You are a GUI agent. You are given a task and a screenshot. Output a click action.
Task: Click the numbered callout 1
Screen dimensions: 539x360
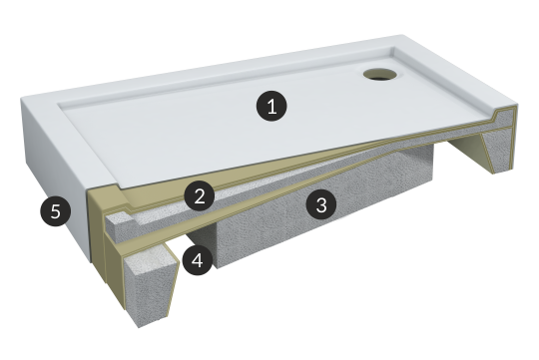[x=271, y=106]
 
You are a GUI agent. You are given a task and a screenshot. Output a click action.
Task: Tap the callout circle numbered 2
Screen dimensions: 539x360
[x=200, y=196]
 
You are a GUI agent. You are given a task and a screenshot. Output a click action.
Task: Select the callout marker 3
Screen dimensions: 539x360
[x=321, y=204]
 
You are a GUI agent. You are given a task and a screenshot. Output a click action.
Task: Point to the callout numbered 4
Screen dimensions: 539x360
[x=198, y=260]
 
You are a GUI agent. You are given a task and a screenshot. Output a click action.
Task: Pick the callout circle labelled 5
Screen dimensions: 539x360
[x=55, y=210]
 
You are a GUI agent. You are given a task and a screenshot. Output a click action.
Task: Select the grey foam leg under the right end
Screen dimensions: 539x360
[x=497, y=152]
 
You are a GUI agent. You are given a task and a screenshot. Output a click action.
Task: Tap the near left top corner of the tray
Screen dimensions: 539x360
[x=22, y=99]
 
